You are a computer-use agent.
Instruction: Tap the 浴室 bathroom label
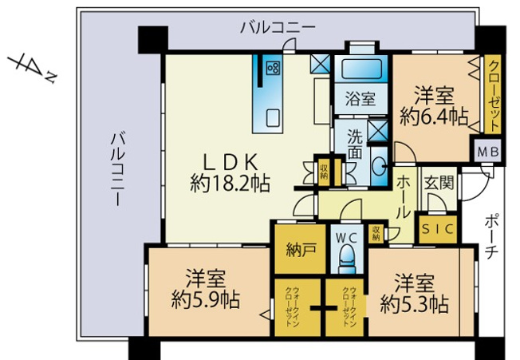pyautogui.click(x=360, y=99)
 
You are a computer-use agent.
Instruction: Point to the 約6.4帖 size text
pyautogui.click(x=434, y=117)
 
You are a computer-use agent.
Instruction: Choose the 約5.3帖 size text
pyautogui.click(x=414, y=304)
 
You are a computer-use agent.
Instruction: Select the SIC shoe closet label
pyautogui.click(x=437, y=229)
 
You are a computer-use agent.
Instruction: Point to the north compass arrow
pyautogui.click(x=30, y=67)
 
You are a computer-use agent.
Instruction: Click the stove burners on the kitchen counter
pyautogui.click(x=272, y=66)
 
